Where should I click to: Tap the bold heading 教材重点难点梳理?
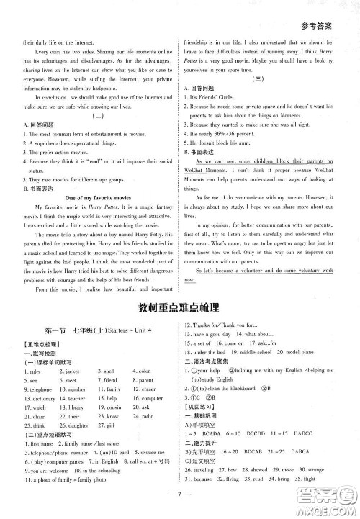pyautogui.click(x=180, y=310)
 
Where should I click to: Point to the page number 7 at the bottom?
pyautogui.click(x=180, y=495)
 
